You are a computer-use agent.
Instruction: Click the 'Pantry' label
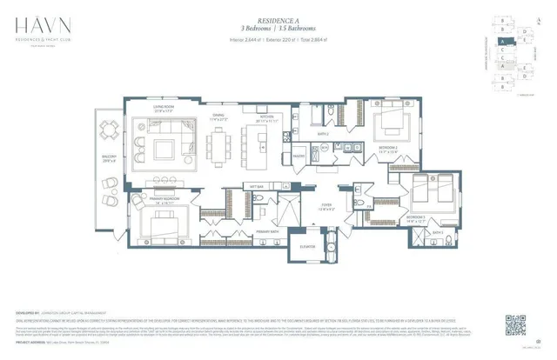tap(298, 157)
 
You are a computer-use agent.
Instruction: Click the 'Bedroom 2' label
tap(389, 149)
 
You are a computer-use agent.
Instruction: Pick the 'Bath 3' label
tap(439, 233)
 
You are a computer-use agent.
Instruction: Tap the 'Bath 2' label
tap(322, 134)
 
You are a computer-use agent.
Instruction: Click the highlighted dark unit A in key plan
tap(501, 40)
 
